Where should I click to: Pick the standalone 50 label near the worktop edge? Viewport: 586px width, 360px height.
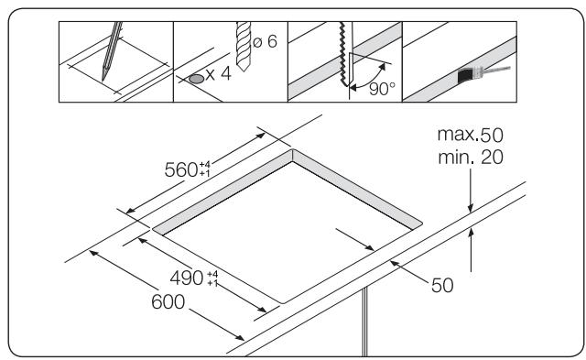tap(442, 285)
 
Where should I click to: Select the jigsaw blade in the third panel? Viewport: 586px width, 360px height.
tap(343, 55)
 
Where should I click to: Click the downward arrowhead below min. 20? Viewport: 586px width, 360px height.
tap(471, 205)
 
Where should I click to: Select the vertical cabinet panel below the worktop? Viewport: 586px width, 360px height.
tap(365, 321)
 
